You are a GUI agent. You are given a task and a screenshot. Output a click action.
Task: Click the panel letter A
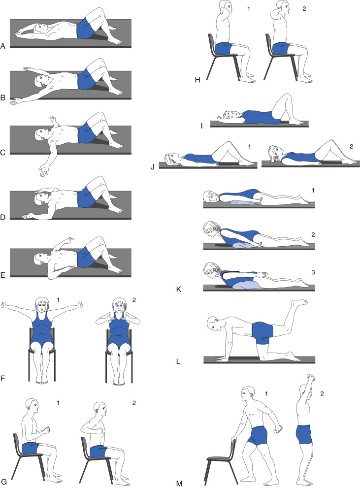coord(3,47)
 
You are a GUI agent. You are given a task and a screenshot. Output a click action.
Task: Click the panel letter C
coord(3,153)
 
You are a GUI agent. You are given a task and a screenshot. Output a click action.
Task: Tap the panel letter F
coord(3,379)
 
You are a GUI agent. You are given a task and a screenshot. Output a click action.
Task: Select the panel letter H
coord(197,80)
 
